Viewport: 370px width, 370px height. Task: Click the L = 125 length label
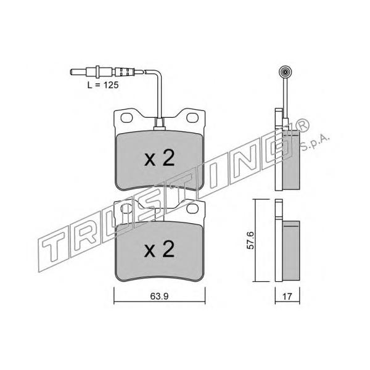point(103,85)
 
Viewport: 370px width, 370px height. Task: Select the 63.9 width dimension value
point(159,296)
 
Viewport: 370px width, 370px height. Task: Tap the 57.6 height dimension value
point(250,240)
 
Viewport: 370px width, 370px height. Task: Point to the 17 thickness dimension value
point(287,297)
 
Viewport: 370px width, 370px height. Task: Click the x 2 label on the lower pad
point(160,249)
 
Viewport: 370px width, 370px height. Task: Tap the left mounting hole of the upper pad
point(126,118)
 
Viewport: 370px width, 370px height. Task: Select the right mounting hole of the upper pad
point(192,118)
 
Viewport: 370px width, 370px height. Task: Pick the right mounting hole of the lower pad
point(192,208)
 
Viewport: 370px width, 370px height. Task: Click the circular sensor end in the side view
point(285,72)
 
